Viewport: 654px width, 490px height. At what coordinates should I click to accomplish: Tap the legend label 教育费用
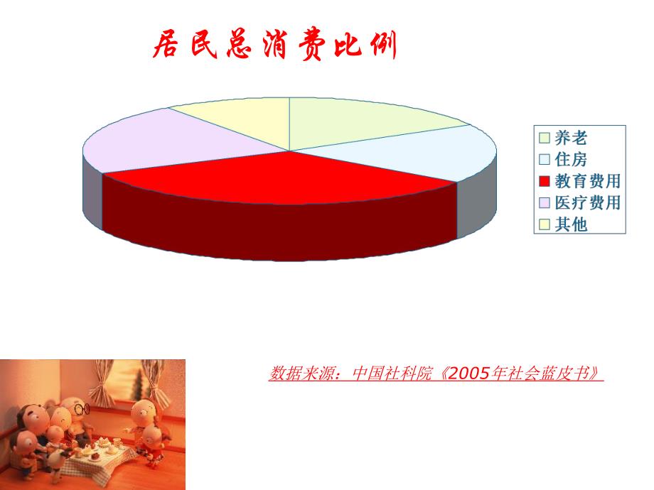coord(588,181)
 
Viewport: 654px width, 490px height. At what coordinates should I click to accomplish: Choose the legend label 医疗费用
coord(588,203)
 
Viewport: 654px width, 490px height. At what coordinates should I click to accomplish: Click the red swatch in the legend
coord(545,182)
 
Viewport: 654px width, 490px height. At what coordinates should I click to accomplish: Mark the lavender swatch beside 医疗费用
coord(545,203)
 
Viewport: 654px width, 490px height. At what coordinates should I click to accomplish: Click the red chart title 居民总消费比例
coord(274,47)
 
